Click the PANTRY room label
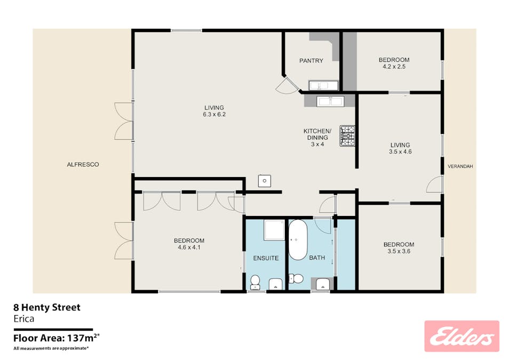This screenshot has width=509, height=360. pyautogui.click(x=311, y=61)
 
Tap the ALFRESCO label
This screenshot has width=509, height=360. pyautogui.click(x=83, y=165)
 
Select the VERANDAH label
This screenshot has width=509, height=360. pyautogui.click(x=460, y=166)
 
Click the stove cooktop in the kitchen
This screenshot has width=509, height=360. pyautogui.click(x=347, y=136)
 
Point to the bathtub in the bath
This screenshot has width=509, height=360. pyautogui.click(x=298, y=240)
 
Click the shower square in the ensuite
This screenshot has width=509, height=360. pyautogui.click(x=274, y=230)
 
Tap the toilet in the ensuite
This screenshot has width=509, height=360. pyautogui.click(x=255, y=282)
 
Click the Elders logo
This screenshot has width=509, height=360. pyautogui.click(x=462, y=337)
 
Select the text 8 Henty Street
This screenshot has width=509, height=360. pyautogui.click(x=47, y=307)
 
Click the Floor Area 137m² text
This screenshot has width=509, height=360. pyautogui.click(x=56, y=338)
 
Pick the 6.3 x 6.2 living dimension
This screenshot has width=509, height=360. pyautogui.click(x=214, y=114)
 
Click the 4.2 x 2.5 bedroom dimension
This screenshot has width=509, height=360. pyautogui.click(x=394, y=67)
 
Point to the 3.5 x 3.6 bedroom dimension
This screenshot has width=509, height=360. pyautogui.click(x=399, y=251)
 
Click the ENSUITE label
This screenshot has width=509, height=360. pyautogui.click(x=266, y=258)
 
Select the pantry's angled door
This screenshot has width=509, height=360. pyautogui.click(x=287, y=85)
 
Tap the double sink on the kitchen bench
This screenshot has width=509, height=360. pyautogui.click(x=330, y=101)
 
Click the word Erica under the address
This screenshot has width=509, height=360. pyautogui.click(x=23, y=319)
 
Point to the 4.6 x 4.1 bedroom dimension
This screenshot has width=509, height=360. pyautogui.click(x=189, y=247)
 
